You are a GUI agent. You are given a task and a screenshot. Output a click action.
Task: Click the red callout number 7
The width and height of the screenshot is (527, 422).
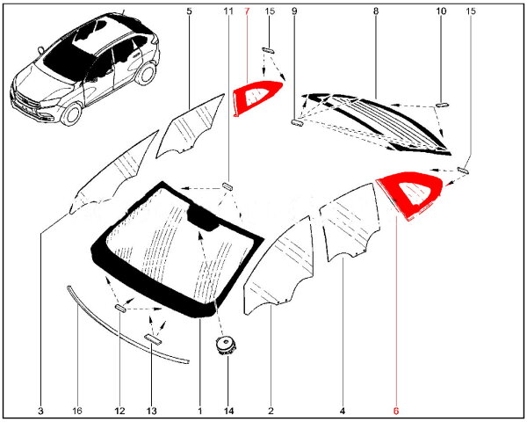(x=247, y=11)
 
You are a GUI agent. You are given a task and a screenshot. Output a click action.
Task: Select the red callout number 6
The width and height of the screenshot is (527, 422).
(x=396, y=410)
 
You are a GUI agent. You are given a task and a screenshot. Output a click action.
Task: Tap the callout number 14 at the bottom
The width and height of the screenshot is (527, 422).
(x=227, y=410)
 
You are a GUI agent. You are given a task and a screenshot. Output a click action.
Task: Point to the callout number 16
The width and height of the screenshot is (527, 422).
(x=77, y=410)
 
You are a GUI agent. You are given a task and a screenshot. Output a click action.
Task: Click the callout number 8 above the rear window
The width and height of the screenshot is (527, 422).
(x=375, y=11)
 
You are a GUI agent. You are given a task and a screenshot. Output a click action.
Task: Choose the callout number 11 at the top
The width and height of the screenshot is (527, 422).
(x=228, y=11)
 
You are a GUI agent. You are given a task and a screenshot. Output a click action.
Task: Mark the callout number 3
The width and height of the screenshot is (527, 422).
(x=40, y=410)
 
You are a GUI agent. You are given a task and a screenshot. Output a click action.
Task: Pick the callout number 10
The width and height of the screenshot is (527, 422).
(x=441, y=11)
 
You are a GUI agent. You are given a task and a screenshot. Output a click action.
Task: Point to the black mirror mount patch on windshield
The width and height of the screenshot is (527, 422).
(x=205, y=215)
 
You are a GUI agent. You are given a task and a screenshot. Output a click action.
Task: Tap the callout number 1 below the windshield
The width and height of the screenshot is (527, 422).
(x=200, y=410)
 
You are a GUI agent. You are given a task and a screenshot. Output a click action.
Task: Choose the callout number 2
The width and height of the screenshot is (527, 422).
(x=271, y=410)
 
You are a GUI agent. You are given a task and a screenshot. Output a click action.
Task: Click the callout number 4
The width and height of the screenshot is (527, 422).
(x=343, y=410)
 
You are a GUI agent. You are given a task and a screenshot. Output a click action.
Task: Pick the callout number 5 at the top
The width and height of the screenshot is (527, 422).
(x=189, y=11)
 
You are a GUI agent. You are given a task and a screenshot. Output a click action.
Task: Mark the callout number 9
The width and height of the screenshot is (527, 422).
(x=294, y=11)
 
